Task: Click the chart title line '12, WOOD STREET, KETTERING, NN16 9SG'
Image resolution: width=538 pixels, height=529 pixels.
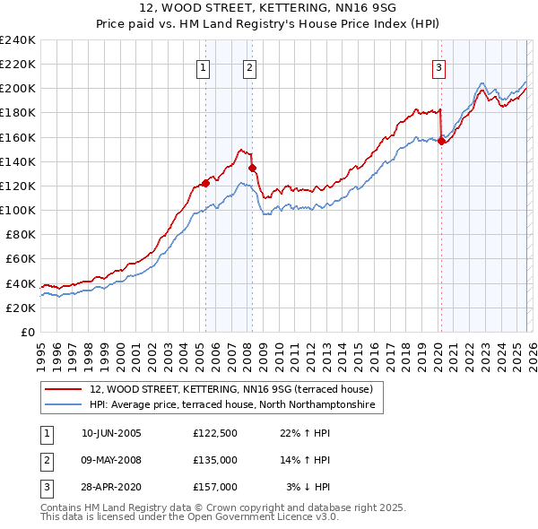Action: pyautogui.click(x=268, y=8)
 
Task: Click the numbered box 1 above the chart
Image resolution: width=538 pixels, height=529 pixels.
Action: pyautogui.click(x=204, y=67)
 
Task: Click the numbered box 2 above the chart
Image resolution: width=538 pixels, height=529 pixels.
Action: pyautogui.click(x=248, y=67)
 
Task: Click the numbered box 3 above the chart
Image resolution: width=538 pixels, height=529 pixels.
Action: pyautogui.click(x=438, y=67)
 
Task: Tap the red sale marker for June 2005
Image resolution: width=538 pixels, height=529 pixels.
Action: pyautogui.click(x=205, y=183)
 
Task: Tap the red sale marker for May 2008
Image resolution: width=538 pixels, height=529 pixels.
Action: pyautogui.click(x=253, y=168)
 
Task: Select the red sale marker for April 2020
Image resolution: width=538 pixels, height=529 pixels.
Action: pyautogui.click(x=442, y=141)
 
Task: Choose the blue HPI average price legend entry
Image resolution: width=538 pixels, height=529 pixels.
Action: pyautogui.click(x=233, y=405)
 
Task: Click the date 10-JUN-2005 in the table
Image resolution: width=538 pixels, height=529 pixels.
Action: pyautogui.click(x=111, y=433)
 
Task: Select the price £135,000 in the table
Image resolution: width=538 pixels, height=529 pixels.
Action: pyautogui.click(x=215, y=460)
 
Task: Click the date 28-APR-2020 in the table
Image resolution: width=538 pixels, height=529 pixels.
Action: pyautogui.click(x=111, y=487)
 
